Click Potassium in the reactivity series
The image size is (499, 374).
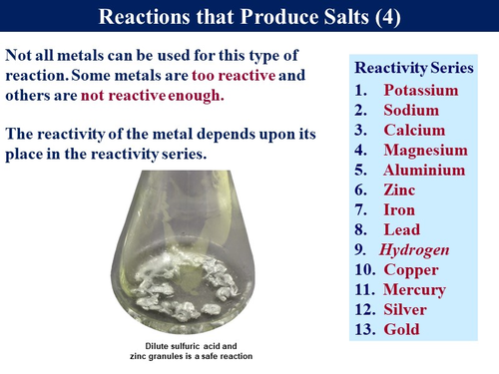point(422,91)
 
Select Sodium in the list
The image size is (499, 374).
point(412,111)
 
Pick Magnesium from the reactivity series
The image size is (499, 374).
point(425,151)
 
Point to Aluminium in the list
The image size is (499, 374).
point(424,171)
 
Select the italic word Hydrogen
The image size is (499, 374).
point(414,249)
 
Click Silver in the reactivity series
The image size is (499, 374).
point(408,309)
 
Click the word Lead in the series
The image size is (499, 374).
point(402,229)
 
